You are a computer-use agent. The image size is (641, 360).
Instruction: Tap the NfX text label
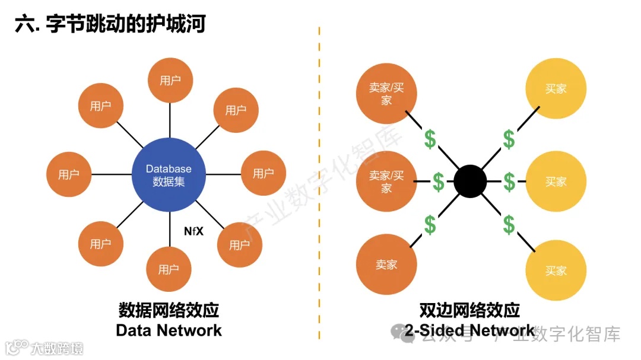[x=193, y=231]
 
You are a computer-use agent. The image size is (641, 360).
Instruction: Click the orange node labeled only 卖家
[x=386, y=265]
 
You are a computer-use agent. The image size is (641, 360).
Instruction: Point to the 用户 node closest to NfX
[x=239, y=244]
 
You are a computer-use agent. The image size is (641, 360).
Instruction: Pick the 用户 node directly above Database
[x=170, y=81]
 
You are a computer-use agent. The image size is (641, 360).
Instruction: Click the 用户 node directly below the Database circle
[x=169, y=270]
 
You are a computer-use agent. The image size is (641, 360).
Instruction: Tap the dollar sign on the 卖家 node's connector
[x=430, y=224]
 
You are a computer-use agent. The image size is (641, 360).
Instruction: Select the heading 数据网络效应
[x=169, y=310]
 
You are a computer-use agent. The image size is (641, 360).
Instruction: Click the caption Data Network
[x=169, y=330]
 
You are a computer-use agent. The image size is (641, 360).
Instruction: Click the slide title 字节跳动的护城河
[x=125, y=25]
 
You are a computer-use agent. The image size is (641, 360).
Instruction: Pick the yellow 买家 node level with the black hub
[x=556, y=181]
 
